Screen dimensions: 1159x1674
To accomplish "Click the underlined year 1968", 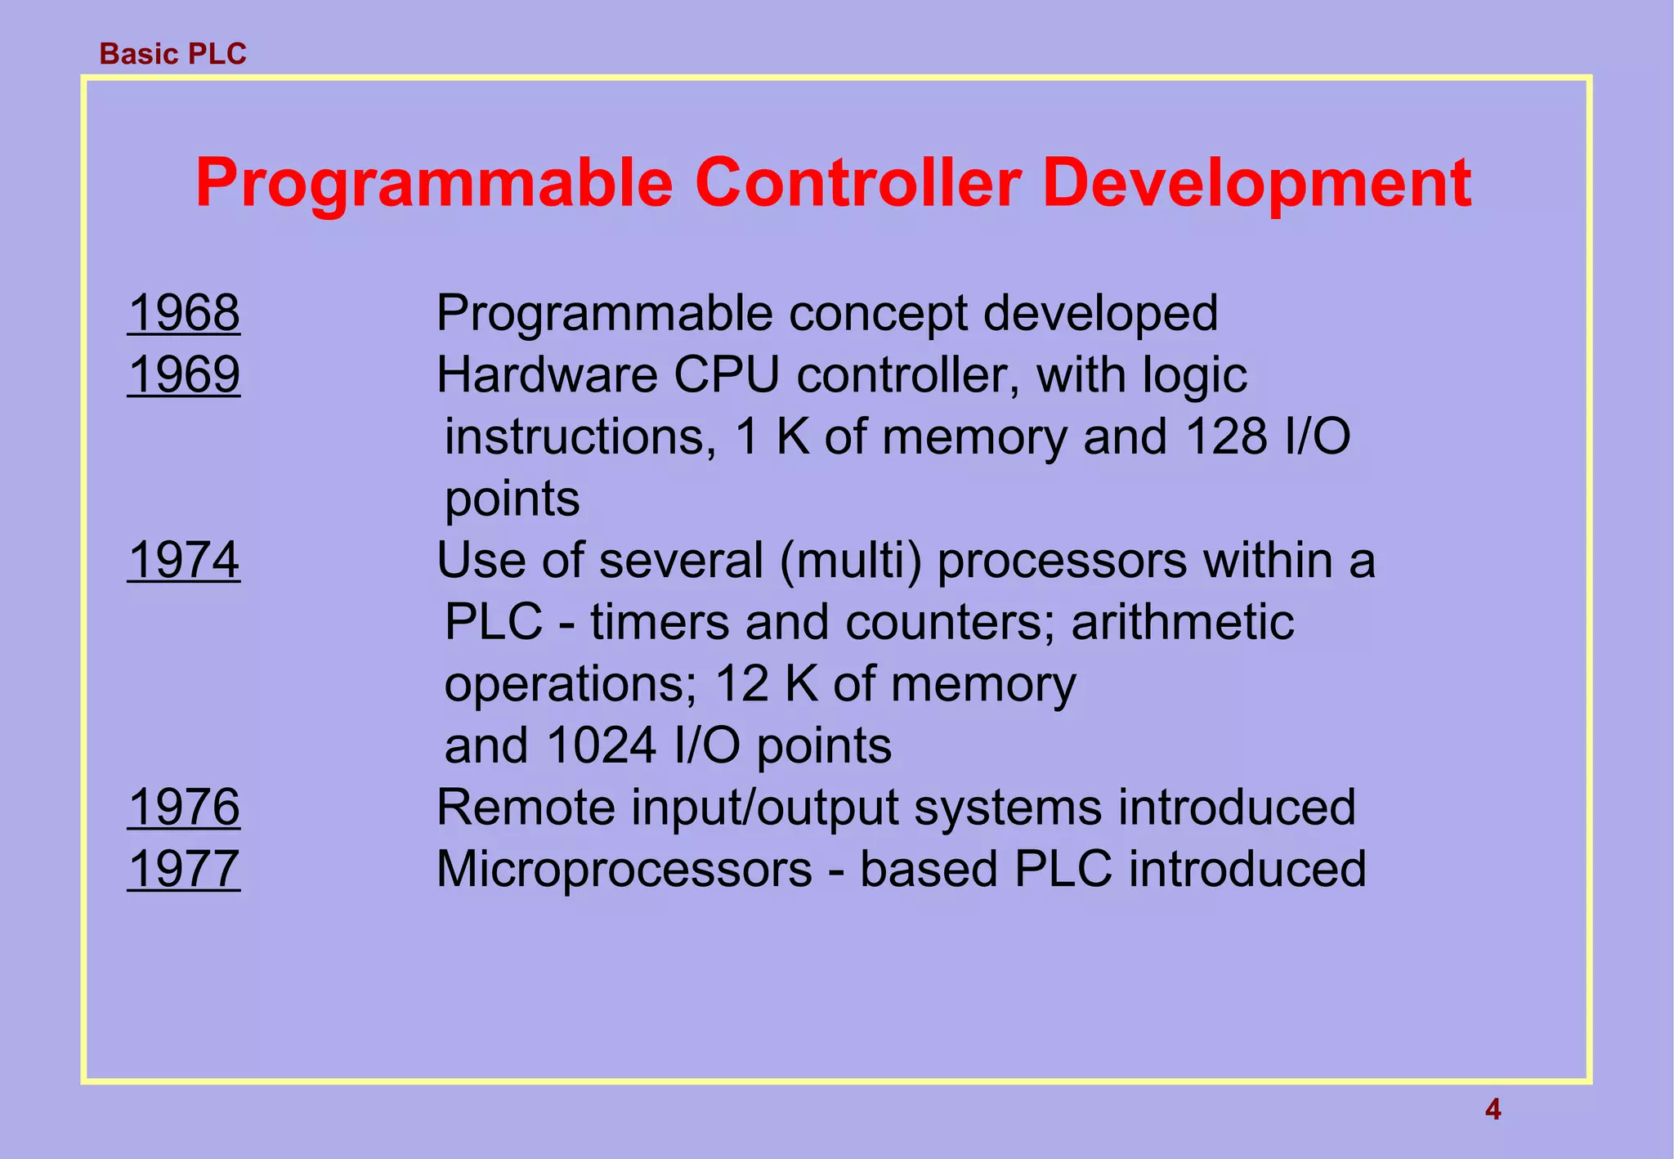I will pyautogui.click(x=184, y=313).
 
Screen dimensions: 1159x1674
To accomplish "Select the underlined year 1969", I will pyautogui.click(x=184, y=375).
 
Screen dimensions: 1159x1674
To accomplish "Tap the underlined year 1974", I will pyautogui.click(x=184, y=561).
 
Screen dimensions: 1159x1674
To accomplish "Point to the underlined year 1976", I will pyautogui.click(x=184, y=808).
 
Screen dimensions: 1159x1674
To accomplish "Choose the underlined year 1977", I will pyautogui.click(x=184, y=869).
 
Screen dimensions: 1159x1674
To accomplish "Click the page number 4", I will pyautogui.click(x=1493, y=1110).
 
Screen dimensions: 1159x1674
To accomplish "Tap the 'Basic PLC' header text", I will pyautogui.click(x=172, y=54).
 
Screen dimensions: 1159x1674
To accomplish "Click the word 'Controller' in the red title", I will pyautogui.click(x=857, y=183).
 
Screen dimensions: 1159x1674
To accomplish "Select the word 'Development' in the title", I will pyautogui.click(x=1256, y=183).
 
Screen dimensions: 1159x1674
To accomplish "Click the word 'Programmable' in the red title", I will pyautogui.click(x=433, y=183).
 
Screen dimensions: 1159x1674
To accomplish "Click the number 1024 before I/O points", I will pyautogui.click(x=601, y=746).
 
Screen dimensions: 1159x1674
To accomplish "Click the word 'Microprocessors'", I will pyautogui.click(x=624, y=870).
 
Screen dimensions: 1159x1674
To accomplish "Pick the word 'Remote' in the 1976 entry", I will pyautogui.click(x=526, y=808).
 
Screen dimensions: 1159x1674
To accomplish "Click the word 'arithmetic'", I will pyautogui.click(x=1182, y=623).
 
